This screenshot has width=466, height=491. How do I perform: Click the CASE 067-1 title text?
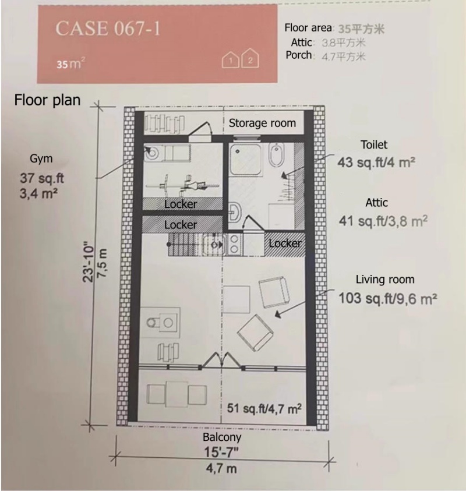[x=108, y=29]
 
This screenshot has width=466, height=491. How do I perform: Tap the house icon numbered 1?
[x=231, y=60]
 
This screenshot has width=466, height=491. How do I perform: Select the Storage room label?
[x=262, y=123]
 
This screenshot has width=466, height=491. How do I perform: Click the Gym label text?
[x=41, y=158]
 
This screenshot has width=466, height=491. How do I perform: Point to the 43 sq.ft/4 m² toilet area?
[x=376, y=163]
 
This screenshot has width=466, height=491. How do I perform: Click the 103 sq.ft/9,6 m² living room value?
[x=388, y=298]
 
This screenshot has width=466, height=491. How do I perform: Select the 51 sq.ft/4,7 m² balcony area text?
[x=264, y=408]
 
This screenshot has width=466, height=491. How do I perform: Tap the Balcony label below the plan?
[x=222, y=437]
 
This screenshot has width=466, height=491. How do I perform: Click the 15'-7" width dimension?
[x=221, y=452]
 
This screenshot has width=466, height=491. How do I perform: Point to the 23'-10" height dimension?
[x=88, y=262]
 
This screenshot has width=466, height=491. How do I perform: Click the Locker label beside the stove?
[x=285, y=243]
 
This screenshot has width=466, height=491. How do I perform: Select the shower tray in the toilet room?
[x=246, y=160]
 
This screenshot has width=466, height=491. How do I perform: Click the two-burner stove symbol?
[x=234, y=245]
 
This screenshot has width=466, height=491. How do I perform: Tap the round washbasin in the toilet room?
[x=235, y=211]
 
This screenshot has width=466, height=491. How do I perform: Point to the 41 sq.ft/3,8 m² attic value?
[x=383, y=221]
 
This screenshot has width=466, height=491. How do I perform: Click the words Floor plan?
[x=48, y=100]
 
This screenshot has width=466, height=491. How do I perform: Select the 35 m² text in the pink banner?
[x=71, y=63]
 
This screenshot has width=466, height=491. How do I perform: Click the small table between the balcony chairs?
[x=177, y=394]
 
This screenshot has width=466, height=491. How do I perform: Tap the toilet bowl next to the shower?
[x=276, y=154]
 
